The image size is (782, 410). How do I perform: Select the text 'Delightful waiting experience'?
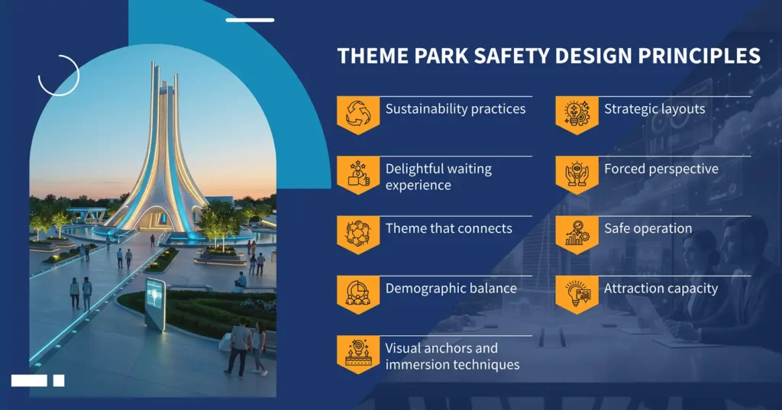click(x=438, y=177)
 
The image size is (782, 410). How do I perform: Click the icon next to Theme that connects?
click(x=358, y=232)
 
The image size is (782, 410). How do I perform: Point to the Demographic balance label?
click(x=451, y=289)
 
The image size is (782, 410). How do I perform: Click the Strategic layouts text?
click(x=654, y=109)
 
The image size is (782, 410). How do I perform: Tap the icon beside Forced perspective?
click(x=577, y=173)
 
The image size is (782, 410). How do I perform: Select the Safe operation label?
click(x=648, y=228)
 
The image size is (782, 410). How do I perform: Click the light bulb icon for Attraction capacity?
click(x=577, y=292)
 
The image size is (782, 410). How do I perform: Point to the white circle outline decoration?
click(x=59, y=75)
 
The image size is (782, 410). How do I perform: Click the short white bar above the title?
click(x=250, y=20)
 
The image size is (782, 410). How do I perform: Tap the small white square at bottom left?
click(x=59, y=380)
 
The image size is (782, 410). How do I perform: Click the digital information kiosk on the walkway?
click(x=154, y=303)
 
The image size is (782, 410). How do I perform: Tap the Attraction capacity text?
click(x=661, y=289)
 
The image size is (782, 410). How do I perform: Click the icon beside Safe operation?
click(x=577, y=232)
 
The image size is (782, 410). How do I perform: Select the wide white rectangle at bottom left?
click(x=29, y=380)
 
